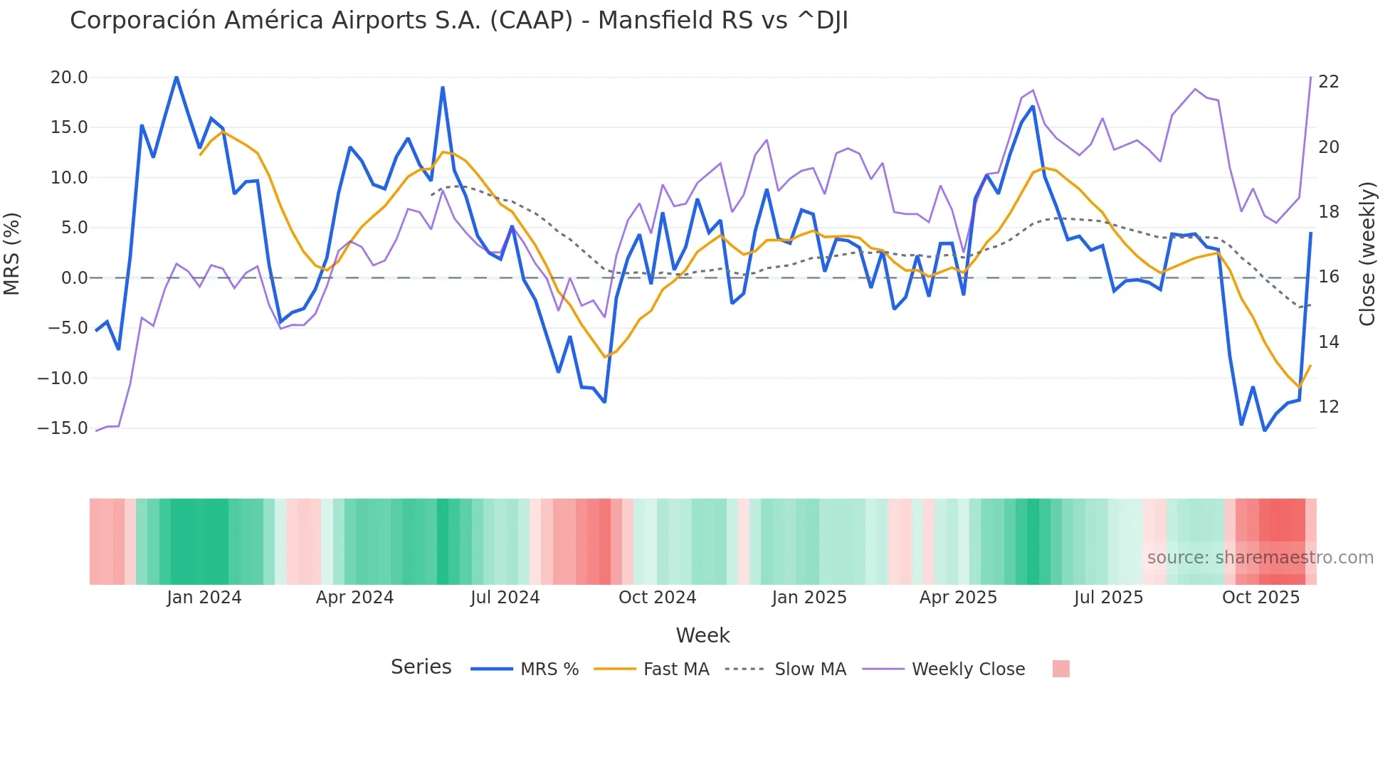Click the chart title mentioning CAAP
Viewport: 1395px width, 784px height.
[x=458, y=21]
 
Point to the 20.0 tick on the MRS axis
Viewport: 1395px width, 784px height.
[x=69, y=78]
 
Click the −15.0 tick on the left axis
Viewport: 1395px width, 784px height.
[x=63, y=428]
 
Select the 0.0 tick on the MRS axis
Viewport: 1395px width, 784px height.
[x=74, y=278]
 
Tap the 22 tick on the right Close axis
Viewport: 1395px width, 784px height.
[x=1328, y=82]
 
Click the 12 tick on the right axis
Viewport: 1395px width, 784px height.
[x=1328, y=407]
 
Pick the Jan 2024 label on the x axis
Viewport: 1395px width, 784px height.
[x=204, y=598]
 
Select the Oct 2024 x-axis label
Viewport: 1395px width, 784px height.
[x=657, y=598]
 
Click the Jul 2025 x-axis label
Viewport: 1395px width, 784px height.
[x=1108, y=598]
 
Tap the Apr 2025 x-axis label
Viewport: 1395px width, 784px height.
[x=958, y=598]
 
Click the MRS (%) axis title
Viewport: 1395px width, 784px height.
[x=12, y=253]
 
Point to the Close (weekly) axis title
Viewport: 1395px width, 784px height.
[x=1367, y=254]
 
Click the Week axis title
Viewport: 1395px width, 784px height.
[x=702, y=635]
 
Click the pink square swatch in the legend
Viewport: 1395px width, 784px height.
[x=1060, y=669]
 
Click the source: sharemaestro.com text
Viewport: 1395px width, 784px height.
[x=1260, y=558]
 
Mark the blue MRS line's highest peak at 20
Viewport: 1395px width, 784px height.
[x=177, y=77]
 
